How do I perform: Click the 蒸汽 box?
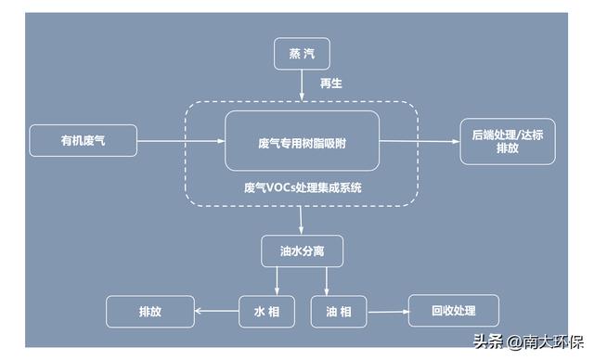(x=302, y=55)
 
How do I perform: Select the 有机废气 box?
(x=83, y=141)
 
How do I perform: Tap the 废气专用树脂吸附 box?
(x=302, y=141)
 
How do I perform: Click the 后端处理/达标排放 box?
(x=508, y=141)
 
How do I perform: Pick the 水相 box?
(x=266, y=312)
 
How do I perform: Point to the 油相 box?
(x=339, y=312)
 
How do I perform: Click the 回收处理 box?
(x=454, y=311)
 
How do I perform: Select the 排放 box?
(x=150, y=312)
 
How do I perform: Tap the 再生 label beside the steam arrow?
(x=331, y=84)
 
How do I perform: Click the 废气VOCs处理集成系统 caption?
(x=302, y=186)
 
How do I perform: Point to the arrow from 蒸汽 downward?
(x=302, y=86)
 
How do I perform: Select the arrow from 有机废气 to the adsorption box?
(x=181, y=142)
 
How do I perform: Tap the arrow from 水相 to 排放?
(x=218, y=312)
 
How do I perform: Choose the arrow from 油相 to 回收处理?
(x=388, y=312)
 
